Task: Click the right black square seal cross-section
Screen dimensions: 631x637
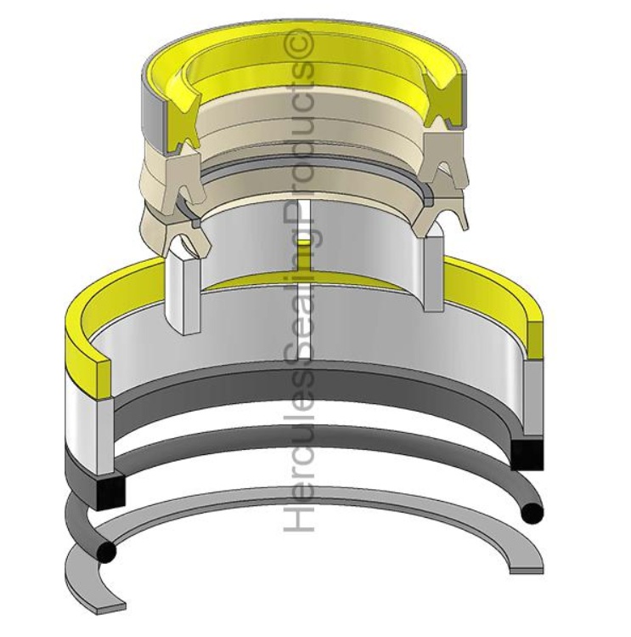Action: click(x=527, y=454)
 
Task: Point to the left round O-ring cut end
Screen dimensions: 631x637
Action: click(x=105, y=552)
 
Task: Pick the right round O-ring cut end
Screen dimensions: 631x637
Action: click(x=532, y=514)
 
